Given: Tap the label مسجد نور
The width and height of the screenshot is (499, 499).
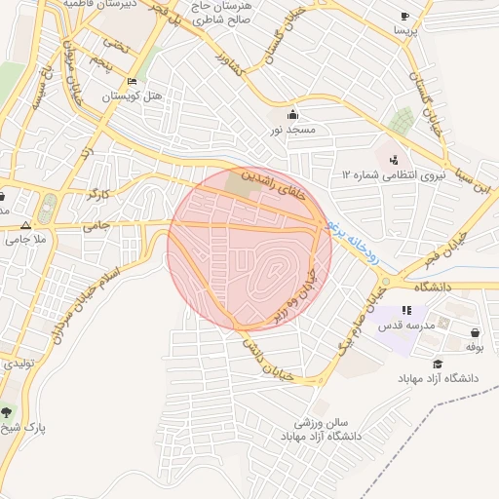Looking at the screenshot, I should click(292, 129).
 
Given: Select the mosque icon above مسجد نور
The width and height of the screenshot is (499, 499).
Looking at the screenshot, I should click(292, 114).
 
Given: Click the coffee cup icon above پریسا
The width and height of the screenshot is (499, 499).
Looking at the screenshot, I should click(404, 17).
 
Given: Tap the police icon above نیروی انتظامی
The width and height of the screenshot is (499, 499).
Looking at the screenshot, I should click(394, 160).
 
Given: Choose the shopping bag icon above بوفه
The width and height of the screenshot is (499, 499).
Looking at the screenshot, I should click(475, 331).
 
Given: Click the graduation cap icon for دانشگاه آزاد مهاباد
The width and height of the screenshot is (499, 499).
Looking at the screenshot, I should click(439, 363).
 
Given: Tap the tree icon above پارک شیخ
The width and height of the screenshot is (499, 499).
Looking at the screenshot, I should click(9, 412).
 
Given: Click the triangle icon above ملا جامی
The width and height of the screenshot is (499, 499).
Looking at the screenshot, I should click(25, 223).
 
